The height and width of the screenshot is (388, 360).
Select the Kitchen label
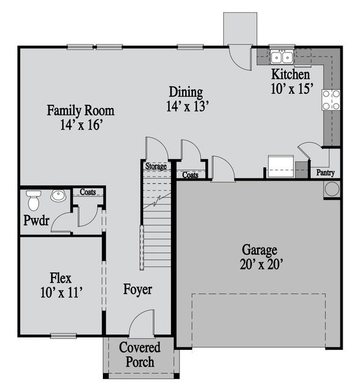coord(285,74)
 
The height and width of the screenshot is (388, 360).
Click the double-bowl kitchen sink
coord(282,58)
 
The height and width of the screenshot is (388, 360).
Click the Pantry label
coord(325,173)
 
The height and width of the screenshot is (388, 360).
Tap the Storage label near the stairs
coord(155,166)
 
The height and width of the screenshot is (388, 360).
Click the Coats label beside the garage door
coord(190,175)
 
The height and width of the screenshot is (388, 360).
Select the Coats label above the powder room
coord(87,191)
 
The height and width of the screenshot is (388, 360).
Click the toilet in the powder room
coord(33,195)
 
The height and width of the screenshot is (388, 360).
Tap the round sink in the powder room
coord(60,196)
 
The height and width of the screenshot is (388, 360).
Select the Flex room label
coord(61,279)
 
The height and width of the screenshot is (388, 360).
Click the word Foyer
coord(138,289)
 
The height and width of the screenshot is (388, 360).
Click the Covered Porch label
coord(139,354)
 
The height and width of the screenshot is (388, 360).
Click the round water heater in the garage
coord(332,189)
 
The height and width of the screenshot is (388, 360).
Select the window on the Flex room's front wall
coord(63,335)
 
